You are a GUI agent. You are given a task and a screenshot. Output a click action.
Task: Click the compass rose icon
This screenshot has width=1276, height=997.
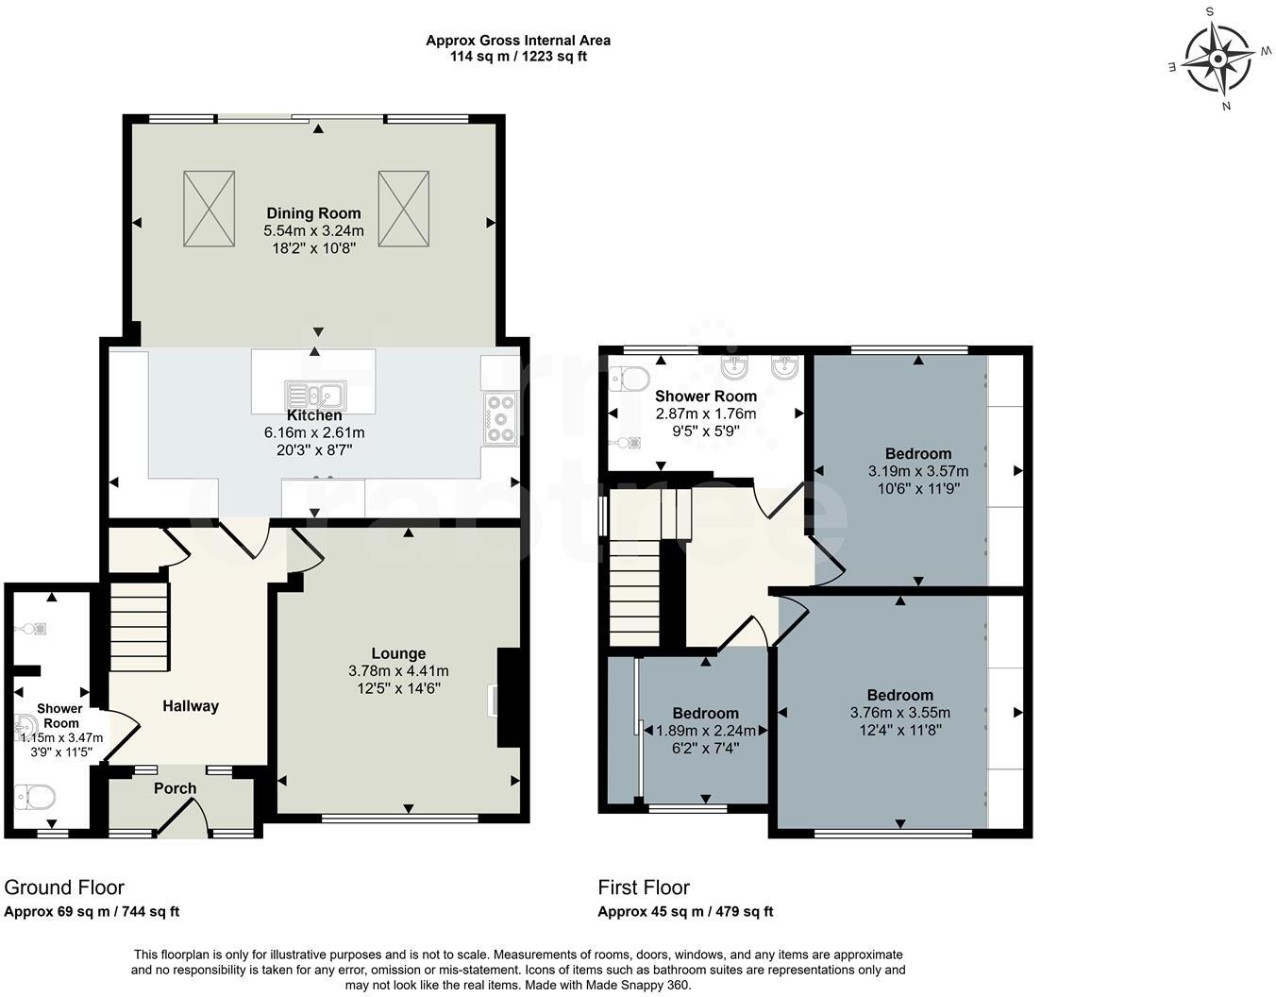pos(1217,59)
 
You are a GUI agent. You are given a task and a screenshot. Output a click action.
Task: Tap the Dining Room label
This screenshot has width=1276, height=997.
pos(313,213)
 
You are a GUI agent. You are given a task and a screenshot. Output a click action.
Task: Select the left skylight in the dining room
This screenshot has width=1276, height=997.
pos(209,209)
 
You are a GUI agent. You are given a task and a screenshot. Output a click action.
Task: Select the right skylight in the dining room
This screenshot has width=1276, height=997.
pos(404,209)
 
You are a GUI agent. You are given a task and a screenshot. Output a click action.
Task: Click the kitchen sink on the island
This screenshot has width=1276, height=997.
pos(315,394)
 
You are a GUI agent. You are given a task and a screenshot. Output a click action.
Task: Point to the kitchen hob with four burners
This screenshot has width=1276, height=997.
pos(500,418)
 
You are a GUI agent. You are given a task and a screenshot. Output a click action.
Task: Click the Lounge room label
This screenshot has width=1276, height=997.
pos(398,653)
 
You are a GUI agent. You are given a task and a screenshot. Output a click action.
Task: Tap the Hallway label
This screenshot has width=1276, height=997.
pos(191,706)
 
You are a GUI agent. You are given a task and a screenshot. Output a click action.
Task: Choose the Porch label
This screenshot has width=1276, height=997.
pos(176,788)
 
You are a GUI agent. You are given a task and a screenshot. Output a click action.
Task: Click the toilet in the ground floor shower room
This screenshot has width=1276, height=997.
pos(36,799)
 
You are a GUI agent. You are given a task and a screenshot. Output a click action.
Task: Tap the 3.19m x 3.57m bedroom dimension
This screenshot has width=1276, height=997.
pos(917,470)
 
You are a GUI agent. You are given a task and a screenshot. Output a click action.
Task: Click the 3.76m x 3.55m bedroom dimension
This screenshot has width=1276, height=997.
pos(899,713)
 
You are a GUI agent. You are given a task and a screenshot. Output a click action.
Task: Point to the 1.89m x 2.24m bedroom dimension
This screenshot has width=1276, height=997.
pos(705,730)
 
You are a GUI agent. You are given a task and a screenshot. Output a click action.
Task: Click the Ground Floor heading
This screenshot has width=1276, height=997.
pos(64,887)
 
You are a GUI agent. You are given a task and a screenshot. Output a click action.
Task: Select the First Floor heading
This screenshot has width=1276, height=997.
pos(644,887)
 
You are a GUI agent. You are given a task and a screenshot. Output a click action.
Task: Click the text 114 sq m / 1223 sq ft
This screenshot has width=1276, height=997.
pos(518,56)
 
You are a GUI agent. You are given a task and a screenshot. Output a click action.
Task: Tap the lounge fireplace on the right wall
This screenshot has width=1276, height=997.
pos(506,698)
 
